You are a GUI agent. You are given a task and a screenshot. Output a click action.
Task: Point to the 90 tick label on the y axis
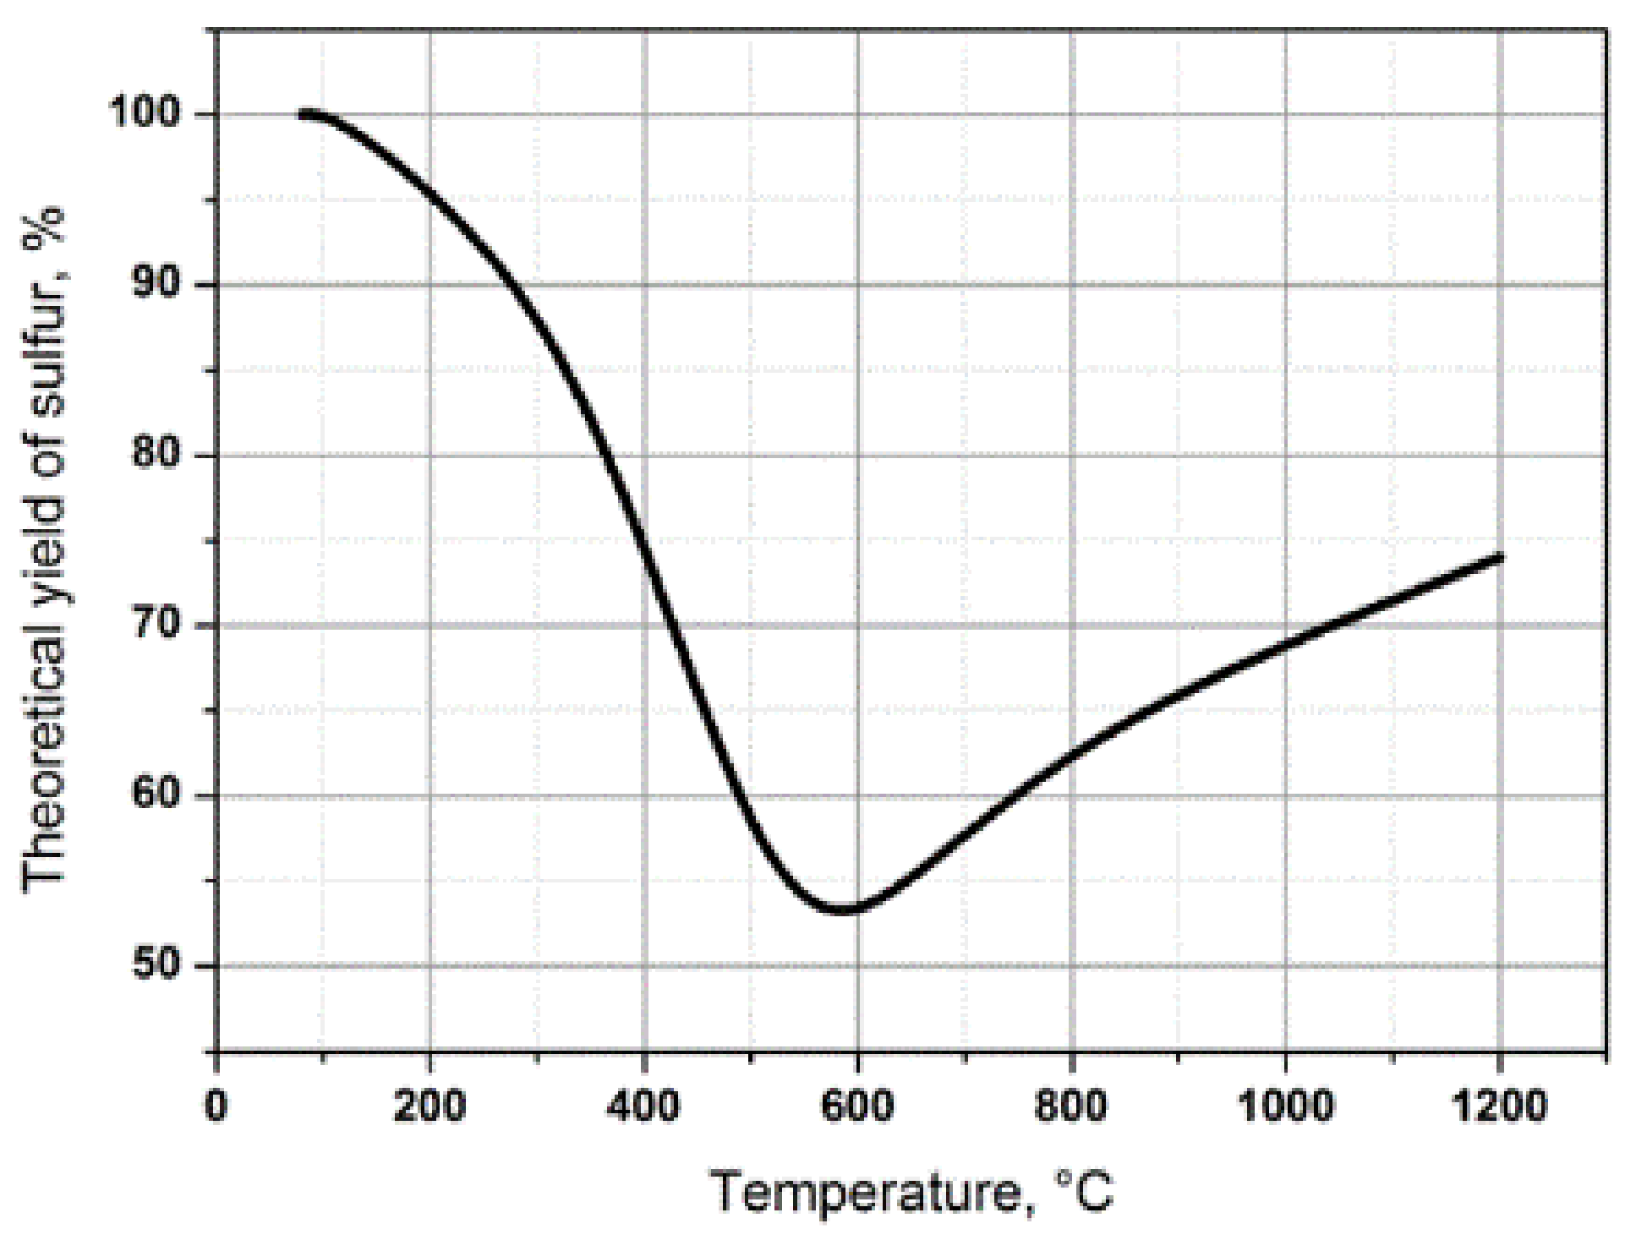pyautogui.click(x=159, y=285)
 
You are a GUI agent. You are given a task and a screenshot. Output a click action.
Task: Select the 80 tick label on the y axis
pyautogui.click(x=159, y=456)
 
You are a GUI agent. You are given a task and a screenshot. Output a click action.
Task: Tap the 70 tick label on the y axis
pyautogui.click(x=159, y=625)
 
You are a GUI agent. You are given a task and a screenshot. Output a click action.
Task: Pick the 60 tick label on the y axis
pyautogui.click(x=159, y=796)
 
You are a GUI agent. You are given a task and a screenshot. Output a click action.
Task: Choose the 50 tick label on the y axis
pyautogui.click(x=159, y=966)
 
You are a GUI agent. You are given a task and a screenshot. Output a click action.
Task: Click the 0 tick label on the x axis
pyautogui.click(x=217, y=1106)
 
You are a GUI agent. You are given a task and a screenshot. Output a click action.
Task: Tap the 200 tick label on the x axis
pyautogui.click(x=430, y=1106)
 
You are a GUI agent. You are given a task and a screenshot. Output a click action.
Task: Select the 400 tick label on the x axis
pyautogui.click(x=644, y=1106)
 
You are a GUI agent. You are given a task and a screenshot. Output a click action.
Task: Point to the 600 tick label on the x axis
pyautogui.click(x=858, y=1106)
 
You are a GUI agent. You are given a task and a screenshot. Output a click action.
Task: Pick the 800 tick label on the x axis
pyautogui.click(x=1071, y=1106)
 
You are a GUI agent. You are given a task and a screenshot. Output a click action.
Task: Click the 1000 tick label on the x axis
pyautogui.click(x=1285, y=1106)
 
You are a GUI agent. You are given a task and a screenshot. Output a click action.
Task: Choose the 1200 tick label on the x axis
pyautogui.click(x=1499, y=1106)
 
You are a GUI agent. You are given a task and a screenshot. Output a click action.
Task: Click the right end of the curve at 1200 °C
pyautogui.click(x=1500, y=556)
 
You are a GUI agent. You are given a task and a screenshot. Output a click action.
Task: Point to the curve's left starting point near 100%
pyautogui.click(x=303, y=114)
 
